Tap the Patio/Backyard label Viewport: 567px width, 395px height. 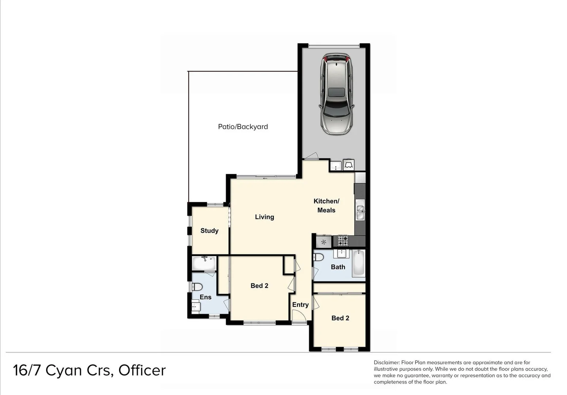[x=243, y=127]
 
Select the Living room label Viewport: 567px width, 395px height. [x=264, y=217]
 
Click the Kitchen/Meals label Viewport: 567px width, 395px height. [x=326, y=206]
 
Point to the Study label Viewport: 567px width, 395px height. [x=209, y=231]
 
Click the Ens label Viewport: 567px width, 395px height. [x=205, y=297]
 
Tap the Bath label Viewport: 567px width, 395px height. [x=338, y=267]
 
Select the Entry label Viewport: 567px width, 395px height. [x=300, y=305]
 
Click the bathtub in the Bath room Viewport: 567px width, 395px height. [x=358, y=263]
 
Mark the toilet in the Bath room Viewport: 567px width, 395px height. [x=319, y=257]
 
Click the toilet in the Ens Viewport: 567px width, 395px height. [x=198, y=286]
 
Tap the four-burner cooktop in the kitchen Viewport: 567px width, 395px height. [x=343, y=241]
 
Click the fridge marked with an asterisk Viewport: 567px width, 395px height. [x=323, y=242]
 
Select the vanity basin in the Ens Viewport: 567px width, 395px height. [x=196, y=306]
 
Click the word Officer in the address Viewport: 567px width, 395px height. [x=142, y=370]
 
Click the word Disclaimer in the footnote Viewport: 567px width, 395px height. [x=387, y=362]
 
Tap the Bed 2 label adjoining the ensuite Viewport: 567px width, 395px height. [x=259, y=286]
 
